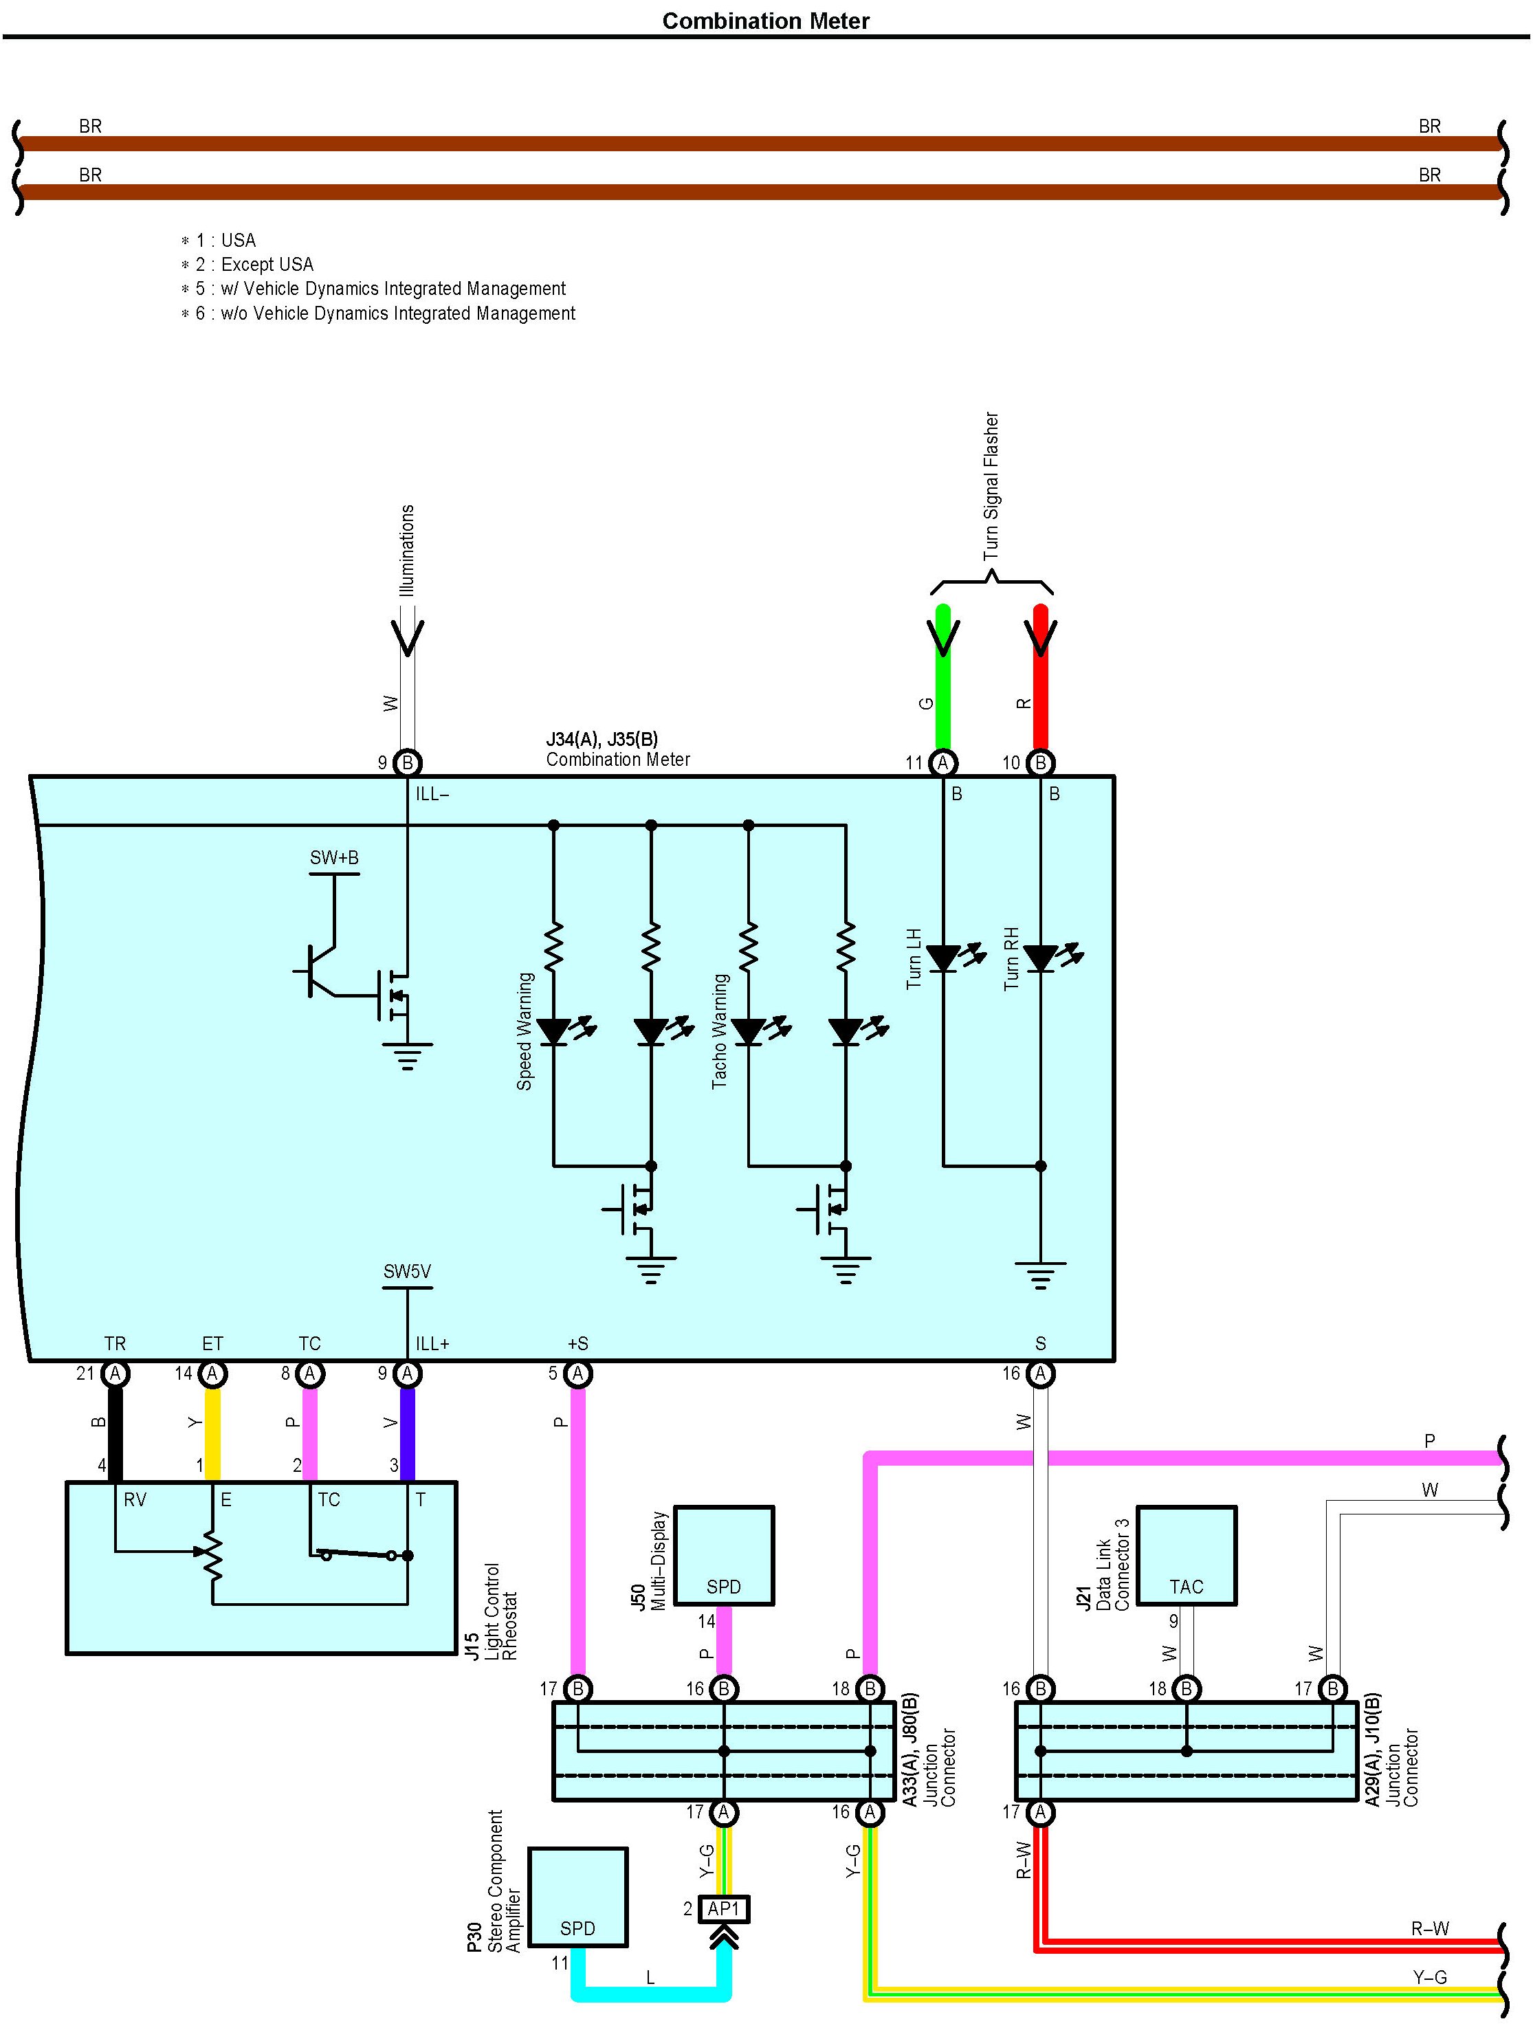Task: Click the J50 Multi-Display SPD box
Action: point(725,1555)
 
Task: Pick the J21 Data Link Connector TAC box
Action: point(1187,1555)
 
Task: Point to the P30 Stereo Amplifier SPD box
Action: point(577,1897)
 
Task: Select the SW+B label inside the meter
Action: point(333,858)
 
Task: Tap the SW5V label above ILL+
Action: point(407,1272)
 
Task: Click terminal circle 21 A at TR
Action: point(115,1374)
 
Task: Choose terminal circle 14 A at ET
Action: point(212,1374)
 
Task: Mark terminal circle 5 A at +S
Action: point(577,1374)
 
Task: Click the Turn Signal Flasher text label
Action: point(991,486)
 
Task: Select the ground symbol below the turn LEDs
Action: point(1041,1275)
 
